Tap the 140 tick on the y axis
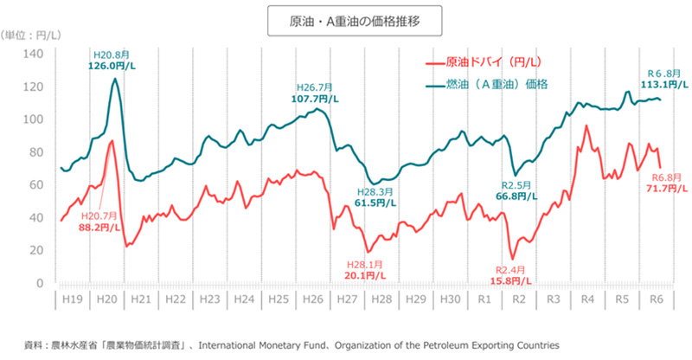pos(35,54)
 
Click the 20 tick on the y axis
pos(37,250)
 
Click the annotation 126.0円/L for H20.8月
pos(112,66)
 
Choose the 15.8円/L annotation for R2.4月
pos(513,281)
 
